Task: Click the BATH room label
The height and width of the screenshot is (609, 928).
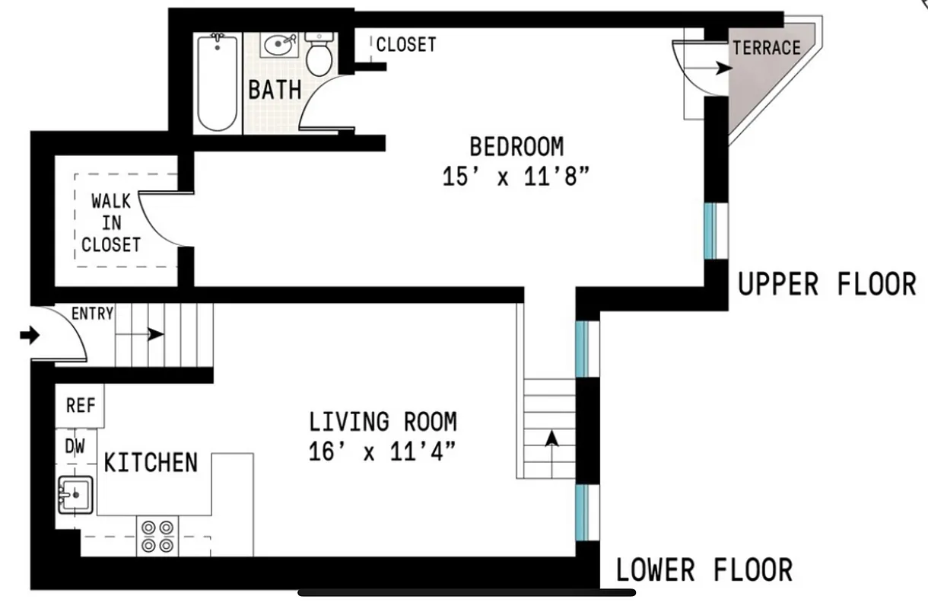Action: (275, 90)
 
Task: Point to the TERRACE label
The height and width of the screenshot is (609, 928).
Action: (767, 48)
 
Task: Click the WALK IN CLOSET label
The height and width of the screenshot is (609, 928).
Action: (111, 223)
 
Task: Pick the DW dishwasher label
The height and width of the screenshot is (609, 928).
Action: (75, 447)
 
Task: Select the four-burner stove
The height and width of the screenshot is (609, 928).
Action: (157, 536)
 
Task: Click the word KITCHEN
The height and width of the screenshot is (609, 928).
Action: (151, 462)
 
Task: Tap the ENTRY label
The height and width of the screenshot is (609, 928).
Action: (92, 313)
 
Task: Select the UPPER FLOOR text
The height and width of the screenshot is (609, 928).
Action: (827, 285)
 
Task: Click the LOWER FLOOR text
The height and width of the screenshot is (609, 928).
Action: (704, 569)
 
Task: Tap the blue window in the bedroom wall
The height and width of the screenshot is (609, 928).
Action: (710, 231)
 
